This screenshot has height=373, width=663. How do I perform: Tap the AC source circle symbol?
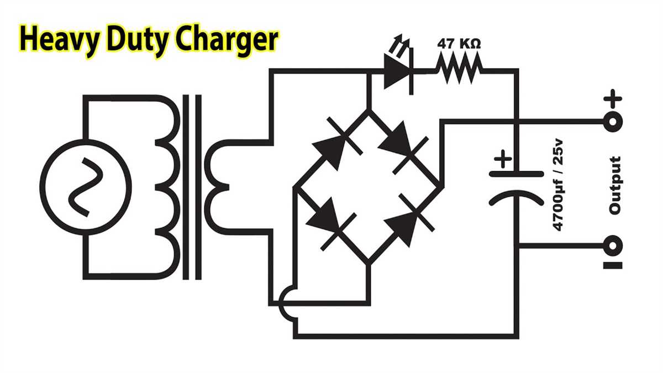click(85, 185)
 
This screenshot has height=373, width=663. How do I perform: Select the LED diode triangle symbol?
click(397, 72)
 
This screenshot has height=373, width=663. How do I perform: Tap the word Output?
click(615, 185)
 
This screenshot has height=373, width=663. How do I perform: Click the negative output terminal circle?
click(612, 244)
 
